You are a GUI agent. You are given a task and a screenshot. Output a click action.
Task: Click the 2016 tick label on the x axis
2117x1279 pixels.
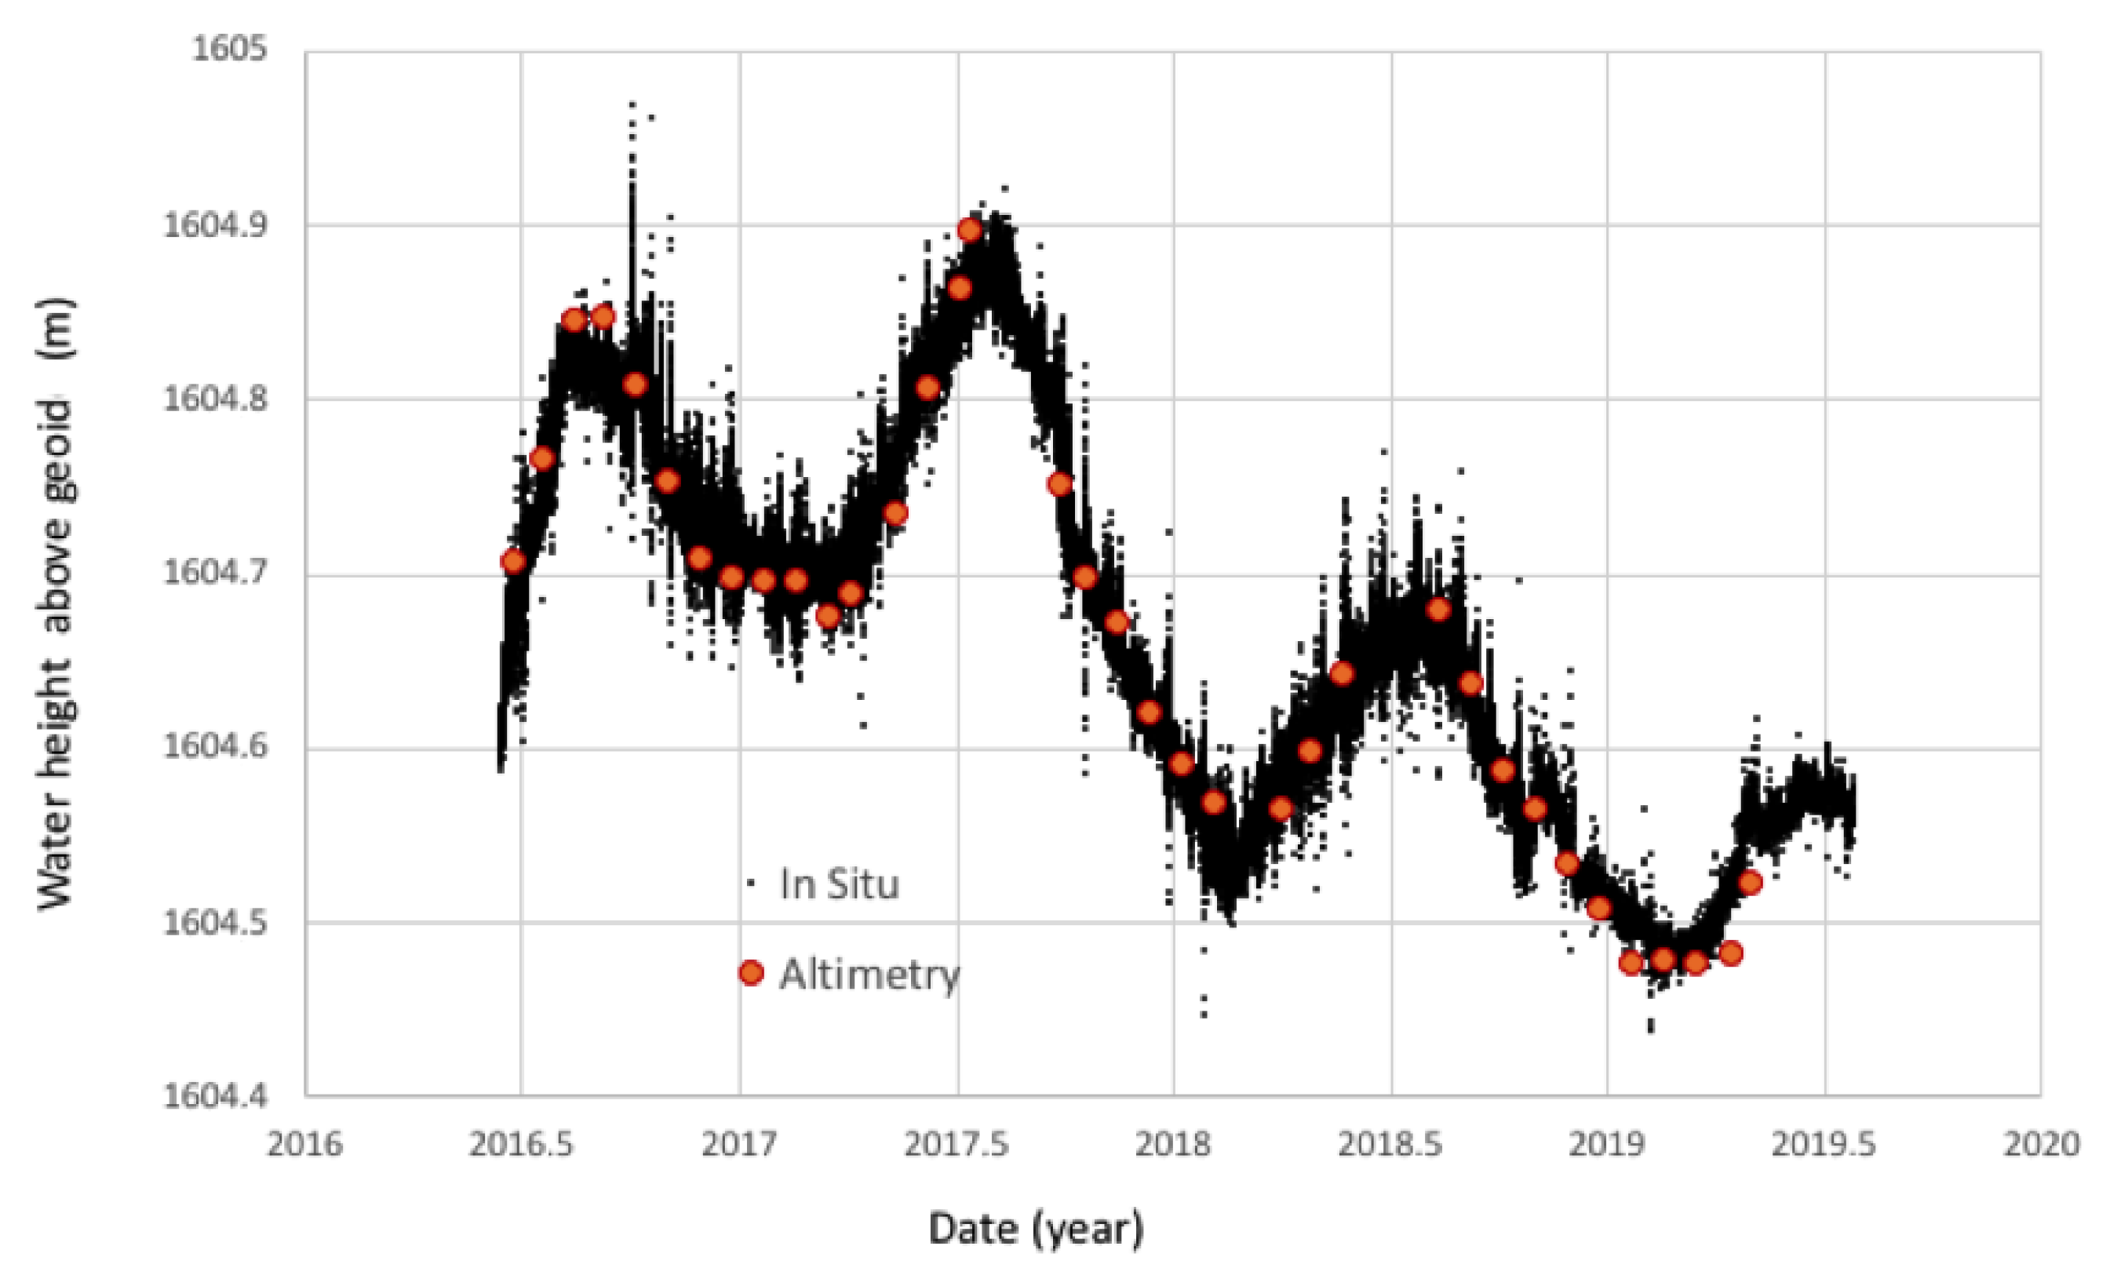pos(304,1145)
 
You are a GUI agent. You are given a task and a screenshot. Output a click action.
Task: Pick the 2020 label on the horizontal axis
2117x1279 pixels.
pos(2042,1145)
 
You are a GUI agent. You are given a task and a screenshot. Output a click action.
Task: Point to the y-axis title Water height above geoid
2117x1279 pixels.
pos(56,601)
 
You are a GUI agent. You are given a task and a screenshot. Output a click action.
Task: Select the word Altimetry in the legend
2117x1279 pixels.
pos(869,974)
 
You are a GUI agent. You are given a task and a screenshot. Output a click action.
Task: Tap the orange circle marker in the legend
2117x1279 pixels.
pos(751,973)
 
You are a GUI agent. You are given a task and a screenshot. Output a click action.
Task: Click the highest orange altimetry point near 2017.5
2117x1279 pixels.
pos(969,230)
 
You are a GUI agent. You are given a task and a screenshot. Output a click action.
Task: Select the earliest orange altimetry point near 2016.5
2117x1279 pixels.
pos(513,562)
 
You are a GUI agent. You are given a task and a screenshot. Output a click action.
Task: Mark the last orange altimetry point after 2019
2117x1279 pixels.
pos(1750,882)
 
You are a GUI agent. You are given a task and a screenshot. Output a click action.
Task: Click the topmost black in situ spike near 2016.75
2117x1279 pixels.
pos(632,104)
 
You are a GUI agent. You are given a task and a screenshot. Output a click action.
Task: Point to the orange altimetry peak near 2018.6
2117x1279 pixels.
pos(1438,610)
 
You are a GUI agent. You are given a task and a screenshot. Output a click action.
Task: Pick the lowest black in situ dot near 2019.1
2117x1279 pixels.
pos(1650,1028)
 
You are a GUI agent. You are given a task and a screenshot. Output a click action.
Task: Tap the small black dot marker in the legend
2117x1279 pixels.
pos(751,883)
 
